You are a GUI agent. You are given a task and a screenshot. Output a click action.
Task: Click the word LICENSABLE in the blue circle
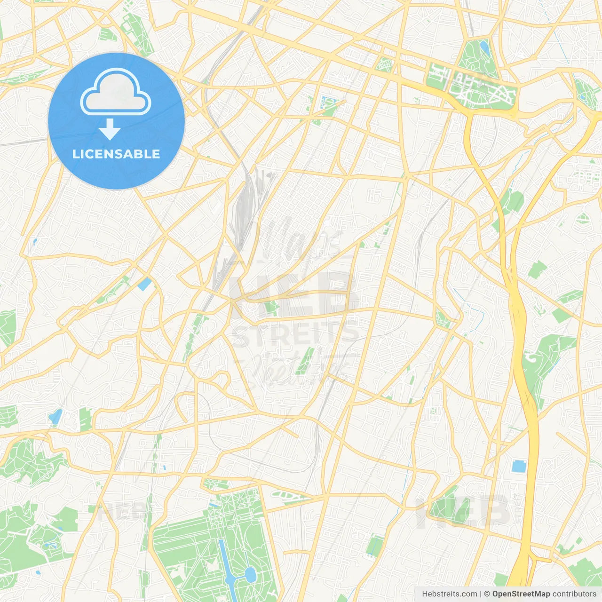(116, 154)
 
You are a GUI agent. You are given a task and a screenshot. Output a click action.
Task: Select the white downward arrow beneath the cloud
(110, 129)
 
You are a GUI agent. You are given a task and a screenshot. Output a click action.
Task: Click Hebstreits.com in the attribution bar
(449, 594)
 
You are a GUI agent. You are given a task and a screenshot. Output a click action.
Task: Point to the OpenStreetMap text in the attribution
(521, 594)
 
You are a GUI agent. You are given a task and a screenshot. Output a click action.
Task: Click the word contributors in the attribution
(574, 594)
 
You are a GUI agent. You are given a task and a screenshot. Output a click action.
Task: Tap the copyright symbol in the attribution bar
(487, 594)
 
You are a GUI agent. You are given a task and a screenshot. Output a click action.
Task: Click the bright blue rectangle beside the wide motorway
(518, 466)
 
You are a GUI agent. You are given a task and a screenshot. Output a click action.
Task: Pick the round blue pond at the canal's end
(250, 574)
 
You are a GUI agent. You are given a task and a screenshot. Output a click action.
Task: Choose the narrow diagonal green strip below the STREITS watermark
(305, 361)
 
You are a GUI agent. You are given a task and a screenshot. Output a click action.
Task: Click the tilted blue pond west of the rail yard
(145, 284)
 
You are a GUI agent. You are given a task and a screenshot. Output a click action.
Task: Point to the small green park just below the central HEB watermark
(271, 308)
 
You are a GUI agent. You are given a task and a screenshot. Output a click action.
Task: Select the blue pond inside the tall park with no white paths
(484, 46)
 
